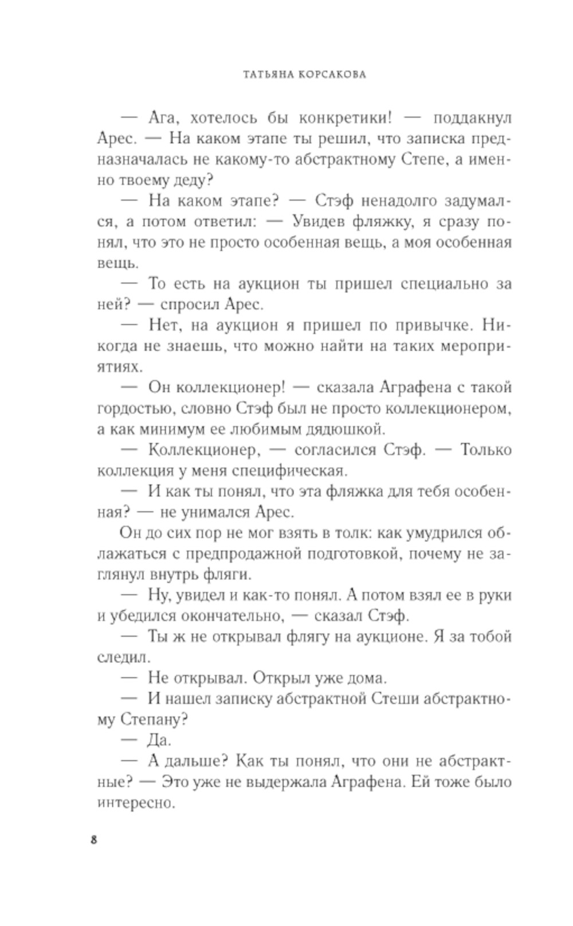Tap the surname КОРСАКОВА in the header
[x=332, y=74]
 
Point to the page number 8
[x=95, y=841]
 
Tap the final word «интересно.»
[x=136, y=803]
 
